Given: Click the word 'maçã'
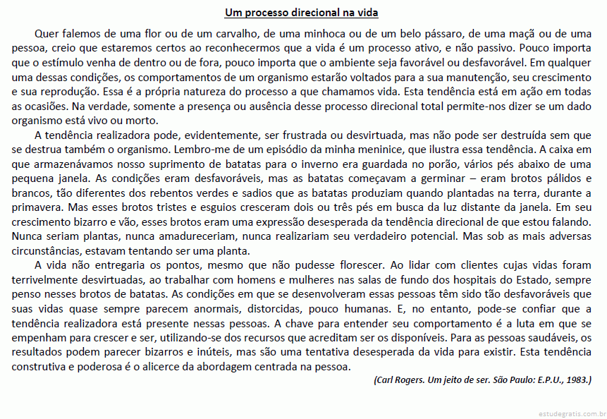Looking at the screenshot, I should click(x=528, y=33).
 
